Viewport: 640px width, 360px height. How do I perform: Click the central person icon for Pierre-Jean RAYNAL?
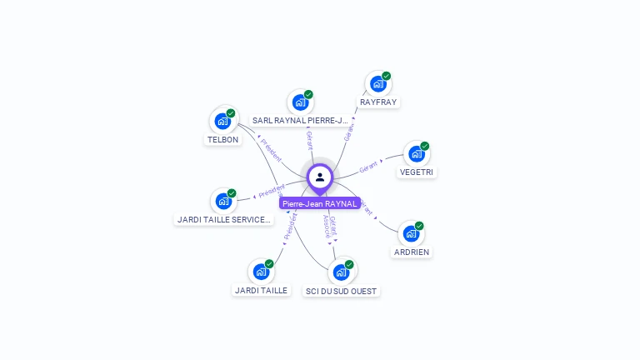click(320, 177)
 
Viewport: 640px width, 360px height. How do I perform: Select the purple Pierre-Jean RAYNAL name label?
click(320, 203)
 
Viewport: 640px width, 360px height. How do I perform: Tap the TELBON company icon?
click(222, 121)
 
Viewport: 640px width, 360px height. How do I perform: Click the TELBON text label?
click(222, 140)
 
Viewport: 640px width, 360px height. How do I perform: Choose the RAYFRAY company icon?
click(378, 83)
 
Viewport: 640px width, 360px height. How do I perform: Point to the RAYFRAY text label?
click(378, 102)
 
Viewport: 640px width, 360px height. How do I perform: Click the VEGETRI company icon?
click(416, 154)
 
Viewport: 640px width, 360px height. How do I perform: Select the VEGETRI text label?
click(417, 172)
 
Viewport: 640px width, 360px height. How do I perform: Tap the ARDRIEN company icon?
click(411, 233)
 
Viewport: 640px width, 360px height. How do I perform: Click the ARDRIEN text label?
click(412, 252)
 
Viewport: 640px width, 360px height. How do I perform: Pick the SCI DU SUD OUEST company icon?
click(341, 272)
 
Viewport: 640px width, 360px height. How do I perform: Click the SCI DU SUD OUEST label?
click(341, 292)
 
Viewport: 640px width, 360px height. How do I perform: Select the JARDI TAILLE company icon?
click(261, 272)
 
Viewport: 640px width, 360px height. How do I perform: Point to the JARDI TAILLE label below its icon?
click(261, 291)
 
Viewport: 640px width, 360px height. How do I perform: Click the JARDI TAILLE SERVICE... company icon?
click(223, 201)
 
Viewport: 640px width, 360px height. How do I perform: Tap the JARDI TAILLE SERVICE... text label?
click(224, 220)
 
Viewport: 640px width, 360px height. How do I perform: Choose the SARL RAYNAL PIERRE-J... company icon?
click(300, 102)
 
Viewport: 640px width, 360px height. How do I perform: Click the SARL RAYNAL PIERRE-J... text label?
click(300, 121)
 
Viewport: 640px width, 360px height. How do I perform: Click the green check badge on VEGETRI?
click(425, 146)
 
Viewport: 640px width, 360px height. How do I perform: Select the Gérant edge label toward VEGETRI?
click(368, 167)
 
